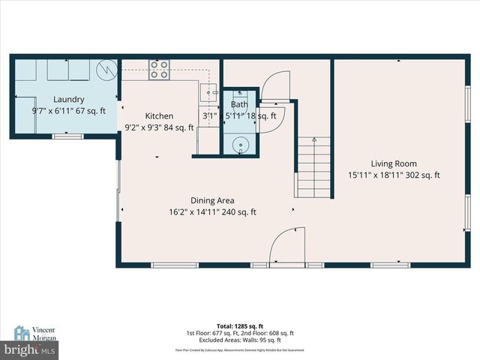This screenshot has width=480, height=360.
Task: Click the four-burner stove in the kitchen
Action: [x=159, y=70]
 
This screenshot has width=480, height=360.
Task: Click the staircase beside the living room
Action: [x=313, y=166]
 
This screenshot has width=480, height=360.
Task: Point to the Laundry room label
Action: [x=68, y=100]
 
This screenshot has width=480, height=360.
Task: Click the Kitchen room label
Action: [x=159, y=116]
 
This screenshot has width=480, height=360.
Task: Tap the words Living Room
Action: [x=394, y=163]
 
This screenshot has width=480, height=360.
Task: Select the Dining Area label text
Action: [x=212, y=200]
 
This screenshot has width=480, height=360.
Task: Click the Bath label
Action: [x=239, y=105]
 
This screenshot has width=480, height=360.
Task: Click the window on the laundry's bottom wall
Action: [x=67, y=136]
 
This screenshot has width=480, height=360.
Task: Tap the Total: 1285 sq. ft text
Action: [x=239, y=326]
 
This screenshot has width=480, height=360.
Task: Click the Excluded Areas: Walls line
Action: [x=239, y=340]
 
